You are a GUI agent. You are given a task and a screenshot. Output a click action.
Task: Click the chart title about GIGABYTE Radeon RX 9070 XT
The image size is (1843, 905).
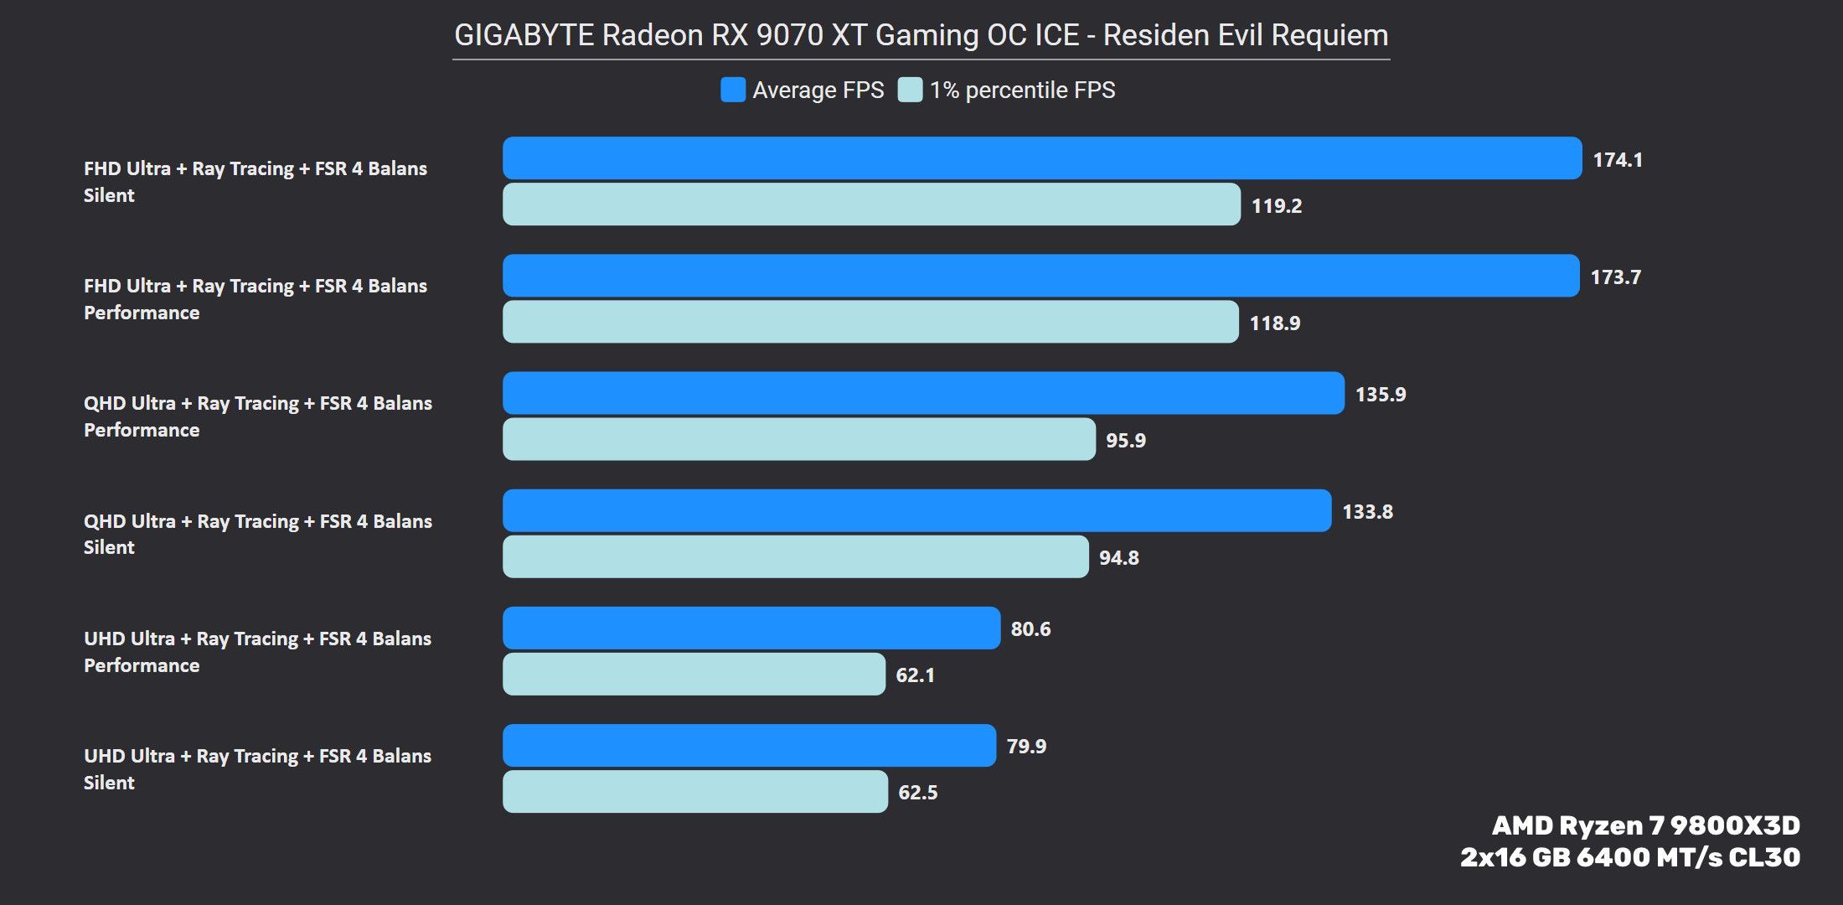click(x=921, y=35)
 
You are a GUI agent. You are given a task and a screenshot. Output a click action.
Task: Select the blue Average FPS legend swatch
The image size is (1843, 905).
click(x=733, y=90)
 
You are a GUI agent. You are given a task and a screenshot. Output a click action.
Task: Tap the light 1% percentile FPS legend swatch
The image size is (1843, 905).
click(x=910, y=90)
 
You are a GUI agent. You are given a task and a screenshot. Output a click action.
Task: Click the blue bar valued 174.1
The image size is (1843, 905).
click(x=1042, y=158)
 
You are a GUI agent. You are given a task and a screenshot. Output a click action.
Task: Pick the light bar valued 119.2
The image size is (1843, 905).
click(x=871, y=204)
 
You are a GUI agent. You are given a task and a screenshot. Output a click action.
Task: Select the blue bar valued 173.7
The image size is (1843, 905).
click(x=1040, y=276)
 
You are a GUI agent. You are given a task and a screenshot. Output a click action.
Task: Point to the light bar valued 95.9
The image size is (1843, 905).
click(x=798, y=439)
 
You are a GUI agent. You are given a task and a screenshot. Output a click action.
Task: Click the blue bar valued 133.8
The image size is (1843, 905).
click(x=916, y=510)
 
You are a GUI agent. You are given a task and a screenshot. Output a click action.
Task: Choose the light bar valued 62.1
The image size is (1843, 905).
click(x=694, y=674)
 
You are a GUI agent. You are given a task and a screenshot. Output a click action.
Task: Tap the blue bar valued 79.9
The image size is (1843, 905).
click(x=749, y=745)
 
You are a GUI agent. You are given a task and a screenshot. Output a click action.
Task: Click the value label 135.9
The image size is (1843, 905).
click(x=1381, y=394)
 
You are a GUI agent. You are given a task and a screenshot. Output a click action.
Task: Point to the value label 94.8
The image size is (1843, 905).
click(x=1118, y=557)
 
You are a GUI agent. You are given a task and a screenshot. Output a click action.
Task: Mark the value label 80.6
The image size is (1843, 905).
click(x=1030, y=628)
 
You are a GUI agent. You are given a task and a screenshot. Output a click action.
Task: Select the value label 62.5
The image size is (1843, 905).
click(x=917, y=792)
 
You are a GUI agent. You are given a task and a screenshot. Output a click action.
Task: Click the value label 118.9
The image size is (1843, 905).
click(x=1275, y=323)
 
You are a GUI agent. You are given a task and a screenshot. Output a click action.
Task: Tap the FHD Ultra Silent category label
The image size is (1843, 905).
click(x=255, y=182)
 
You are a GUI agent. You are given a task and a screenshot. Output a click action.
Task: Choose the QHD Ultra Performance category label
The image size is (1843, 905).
click(x=257, y=416)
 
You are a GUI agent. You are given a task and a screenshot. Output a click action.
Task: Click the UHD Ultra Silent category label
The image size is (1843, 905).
click(x=257, y=769)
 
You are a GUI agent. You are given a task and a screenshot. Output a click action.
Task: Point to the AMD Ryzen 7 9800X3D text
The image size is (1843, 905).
click(x=1645, y=825)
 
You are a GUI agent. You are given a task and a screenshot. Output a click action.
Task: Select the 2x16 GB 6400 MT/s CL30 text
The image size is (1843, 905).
click(x=1629, y=857)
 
